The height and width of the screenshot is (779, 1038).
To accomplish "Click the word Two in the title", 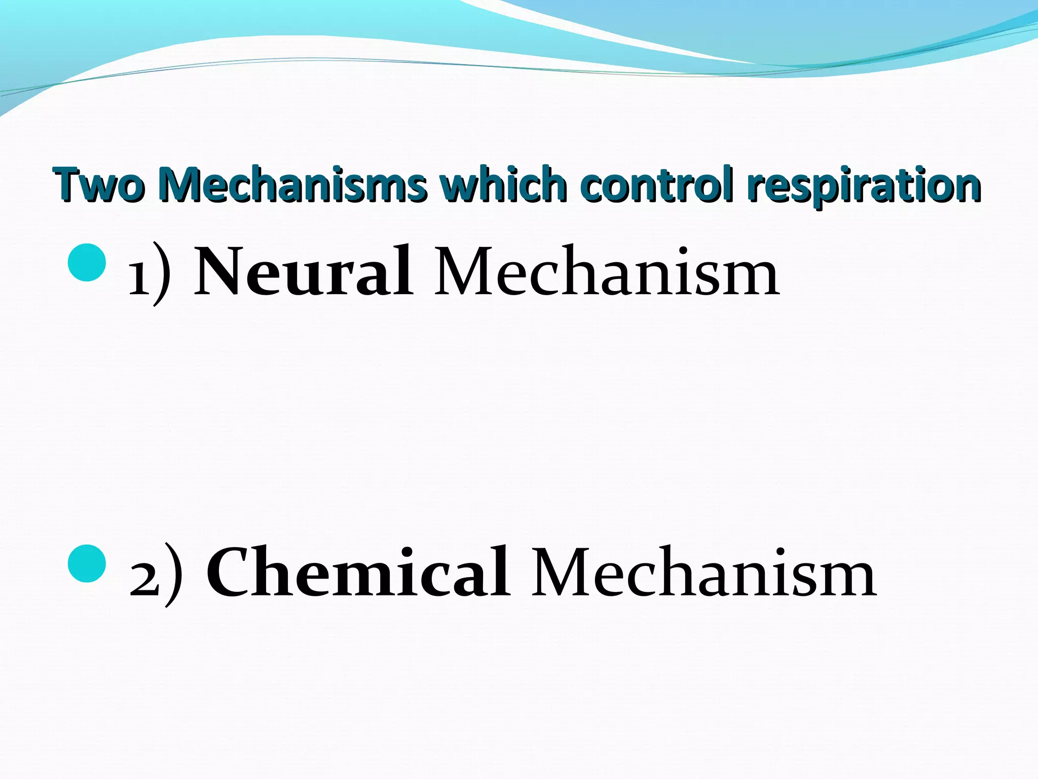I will [x=99, y=185].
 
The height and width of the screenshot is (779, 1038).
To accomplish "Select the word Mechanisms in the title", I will [x=291, y=185].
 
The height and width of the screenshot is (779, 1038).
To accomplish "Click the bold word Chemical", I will [x=358, y=573].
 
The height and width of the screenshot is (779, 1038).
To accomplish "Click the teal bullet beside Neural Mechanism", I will [x=87, y=262].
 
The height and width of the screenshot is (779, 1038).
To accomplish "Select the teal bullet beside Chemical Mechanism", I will [x=87, y=563].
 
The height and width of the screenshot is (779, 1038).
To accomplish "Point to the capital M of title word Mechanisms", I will [x=179, y=184].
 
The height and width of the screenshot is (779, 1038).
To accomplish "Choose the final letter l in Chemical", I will [x=500, y=571].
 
